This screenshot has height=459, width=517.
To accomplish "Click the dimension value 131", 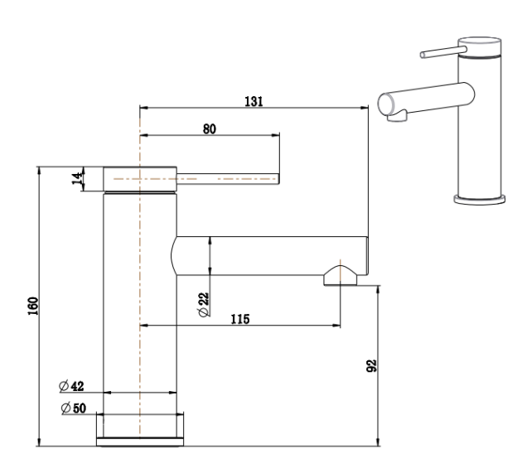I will click(254, 101).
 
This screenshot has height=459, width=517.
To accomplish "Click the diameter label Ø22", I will click(204, 303).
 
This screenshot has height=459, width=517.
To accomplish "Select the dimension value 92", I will click(372, 365).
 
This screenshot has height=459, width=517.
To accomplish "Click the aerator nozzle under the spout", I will click(340, 275).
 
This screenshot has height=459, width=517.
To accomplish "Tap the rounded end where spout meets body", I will click(176, 254).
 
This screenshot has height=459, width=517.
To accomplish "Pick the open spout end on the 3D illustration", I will click(385, 104).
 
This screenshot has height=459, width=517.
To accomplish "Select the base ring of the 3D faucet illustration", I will click(480, 197).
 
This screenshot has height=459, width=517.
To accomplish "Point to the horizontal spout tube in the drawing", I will click(273, 254).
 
